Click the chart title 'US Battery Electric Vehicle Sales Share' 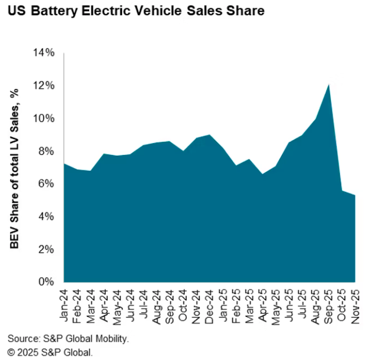[x=136, y=11]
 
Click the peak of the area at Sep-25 [x=329, y=85]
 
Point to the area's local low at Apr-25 [x=262, y=174]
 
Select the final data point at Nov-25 [x=355, y=195]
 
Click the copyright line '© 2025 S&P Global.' [x=51, y=352]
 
